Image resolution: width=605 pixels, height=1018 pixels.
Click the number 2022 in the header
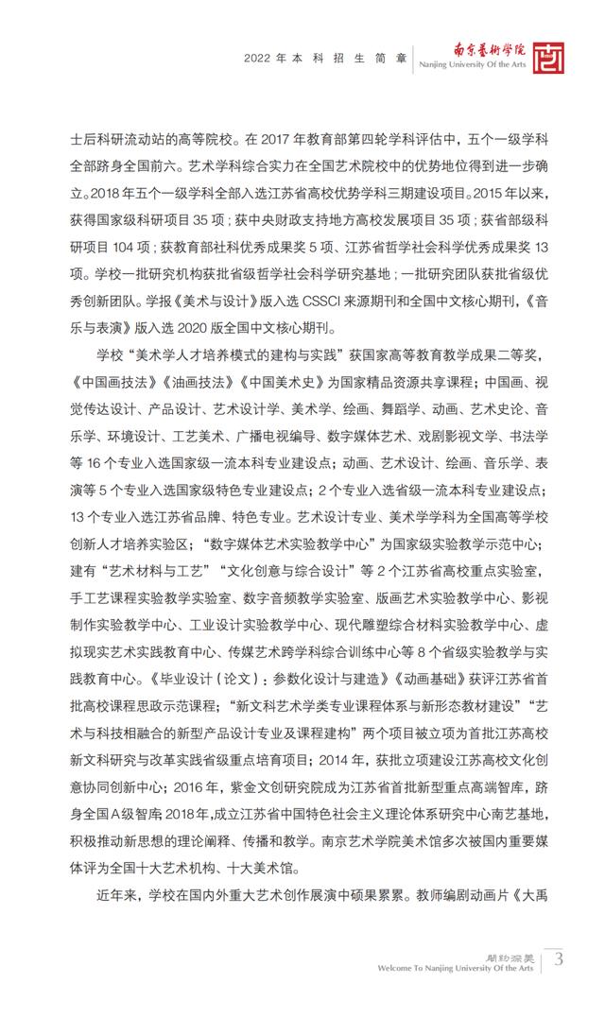coord(258,59)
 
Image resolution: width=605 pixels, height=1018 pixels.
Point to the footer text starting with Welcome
coord(456,969)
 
